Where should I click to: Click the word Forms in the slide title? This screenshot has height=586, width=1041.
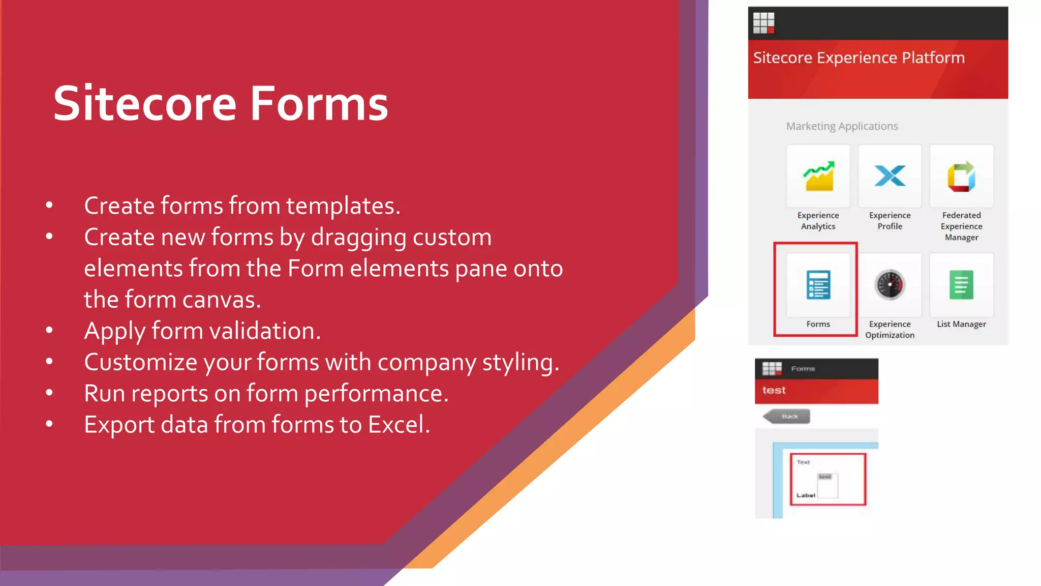(x=319, y=104)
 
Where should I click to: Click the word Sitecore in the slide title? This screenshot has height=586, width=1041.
(x=145, y=104)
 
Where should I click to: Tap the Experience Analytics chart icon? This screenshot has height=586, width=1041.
(x=818, y=177)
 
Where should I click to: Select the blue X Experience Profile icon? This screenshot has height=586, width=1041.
(x=890, y=176)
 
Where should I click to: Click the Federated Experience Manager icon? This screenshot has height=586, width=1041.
(x=961, y=177)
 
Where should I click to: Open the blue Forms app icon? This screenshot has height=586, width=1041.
(x=818, y=285)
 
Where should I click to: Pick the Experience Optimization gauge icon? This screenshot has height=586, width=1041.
(x=890, y=285)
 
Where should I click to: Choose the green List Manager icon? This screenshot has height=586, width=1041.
(x=961, y=285)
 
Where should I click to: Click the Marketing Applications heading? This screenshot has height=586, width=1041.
(x=842, y=126)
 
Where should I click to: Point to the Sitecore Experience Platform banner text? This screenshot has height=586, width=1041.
(x=859, y=58)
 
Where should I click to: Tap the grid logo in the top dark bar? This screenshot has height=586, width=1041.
(x=763, y=23)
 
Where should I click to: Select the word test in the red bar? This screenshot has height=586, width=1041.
(x=774, y=390)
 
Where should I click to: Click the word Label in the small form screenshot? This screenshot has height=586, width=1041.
(x=806, y=495)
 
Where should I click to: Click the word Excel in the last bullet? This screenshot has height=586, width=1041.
(x=399, y=425)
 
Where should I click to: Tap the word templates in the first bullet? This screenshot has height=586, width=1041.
(x=343, y=206)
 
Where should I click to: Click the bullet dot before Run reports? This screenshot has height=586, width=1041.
(x=49, y=393)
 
